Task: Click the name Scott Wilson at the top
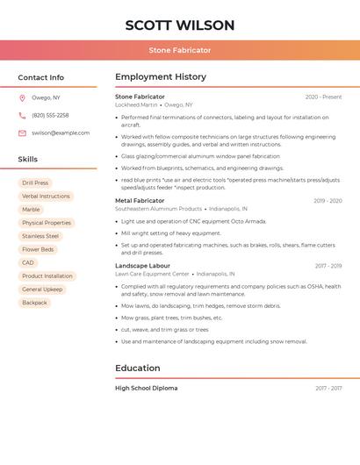tap(180, 25)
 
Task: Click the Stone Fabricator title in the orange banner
tap(180, 51)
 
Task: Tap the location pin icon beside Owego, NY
tap(22, 98)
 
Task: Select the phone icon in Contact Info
tap(22, 115)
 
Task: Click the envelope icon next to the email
tap(22, 132)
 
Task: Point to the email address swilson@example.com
tap(61, 132)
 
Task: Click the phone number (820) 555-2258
tap(50, 115)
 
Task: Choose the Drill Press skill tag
tap(35, 183)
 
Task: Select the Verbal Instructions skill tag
tap(46, 197)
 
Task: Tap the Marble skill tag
tap(31, 210)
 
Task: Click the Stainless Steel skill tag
tap(40, 236)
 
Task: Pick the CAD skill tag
tap(28, 262)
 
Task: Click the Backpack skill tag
tap(34, 303)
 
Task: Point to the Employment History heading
tap(161, 77)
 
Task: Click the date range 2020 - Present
tap(323, 97)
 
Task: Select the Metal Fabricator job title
tap(140, 201)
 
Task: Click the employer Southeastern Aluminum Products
tap(158, 209)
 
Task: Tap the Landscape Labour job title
tap(142, 265)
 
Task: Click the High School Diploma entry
tap(146, 388)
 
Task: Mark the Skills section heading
tap(28, 160)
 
